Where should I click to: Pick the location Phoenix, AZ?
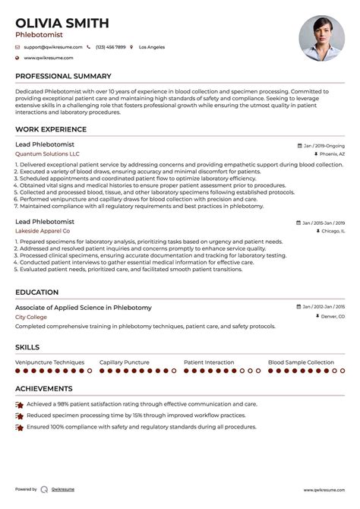click(331, 153)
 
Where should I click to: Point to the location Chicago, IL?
click(333, 229)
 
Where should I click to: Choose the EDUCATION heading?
click(37, 292)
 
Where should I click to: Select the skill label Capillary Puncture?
click(125, 363)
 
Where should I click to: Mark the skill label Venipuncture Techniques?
click(49, 363)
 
